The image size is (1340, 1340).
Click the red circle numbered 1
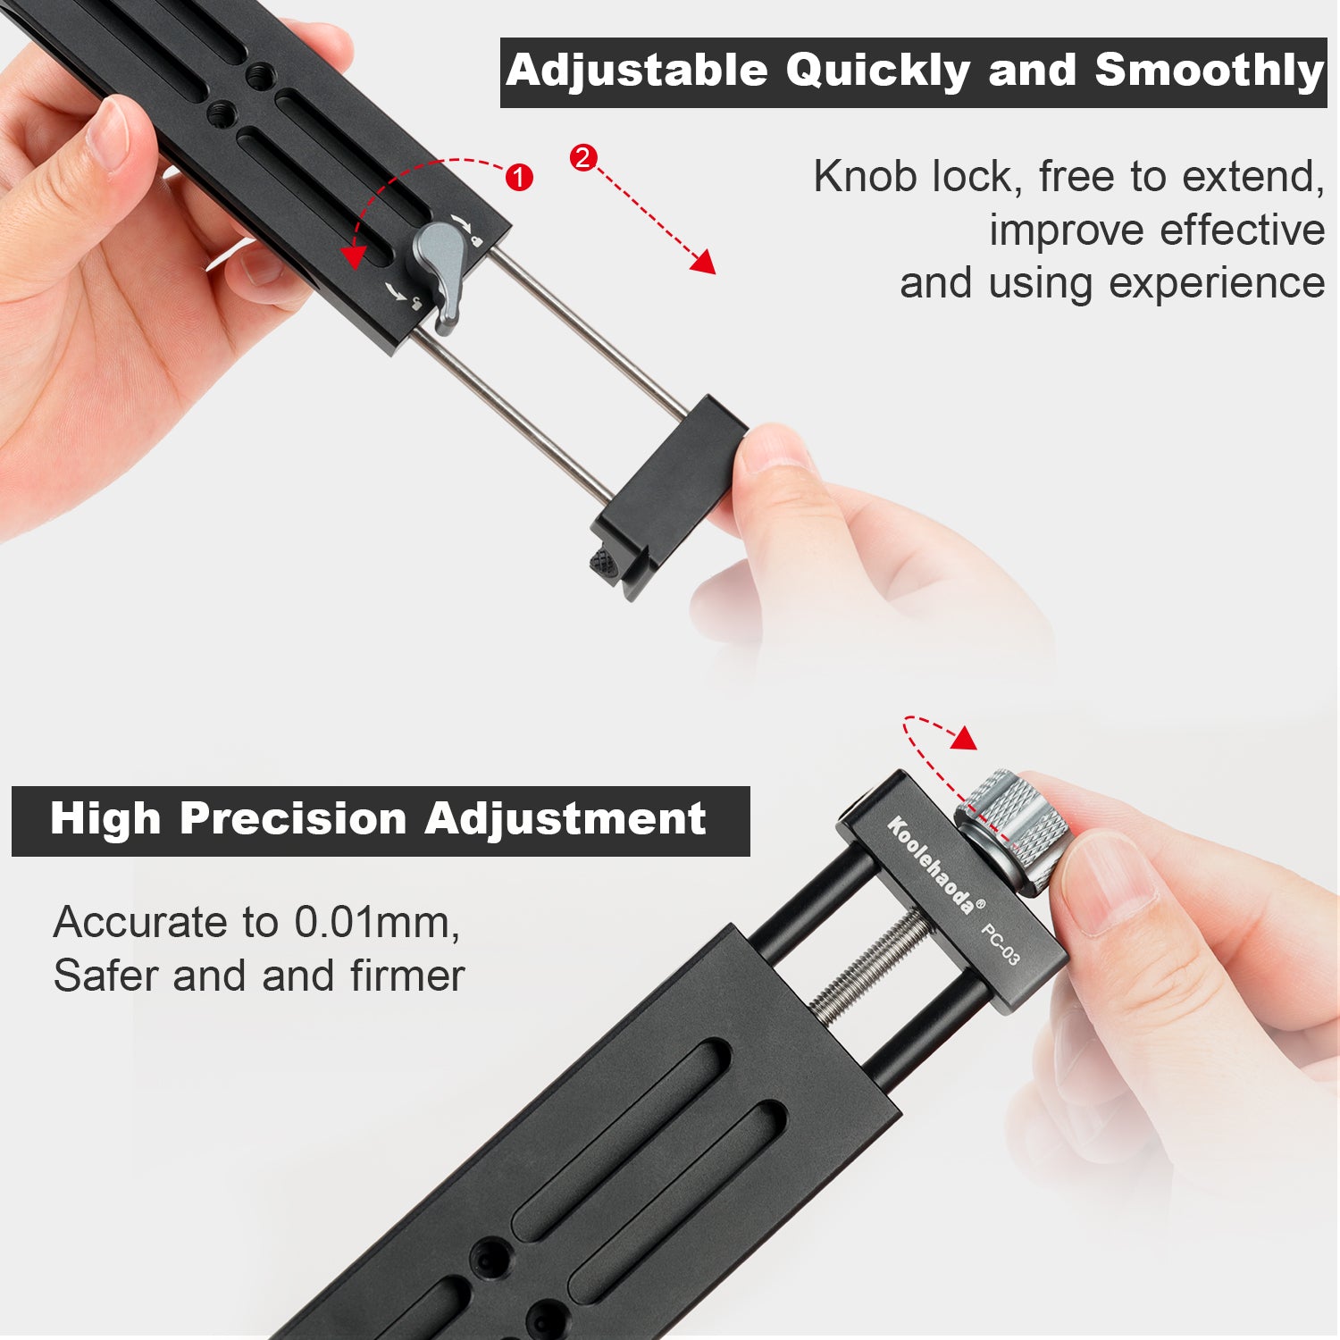519,177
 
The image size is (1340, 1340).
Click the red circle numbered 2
582,158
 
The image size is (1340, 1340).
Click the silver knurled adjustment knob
1012,829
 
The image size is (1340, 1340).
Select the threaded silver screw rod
870,970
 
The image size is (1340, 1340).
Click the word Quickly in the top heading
877,71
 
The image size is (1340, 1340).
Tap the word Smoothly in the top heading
1210,71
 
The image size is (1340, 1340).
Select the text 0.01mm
377,922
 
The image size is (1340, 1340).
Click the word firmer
407,976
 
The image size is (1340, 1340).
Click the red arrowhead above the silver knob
965,737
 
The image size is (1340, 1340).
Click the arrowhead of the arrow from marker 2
703,262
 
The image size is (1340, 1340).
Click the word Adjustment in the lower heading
565,818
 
